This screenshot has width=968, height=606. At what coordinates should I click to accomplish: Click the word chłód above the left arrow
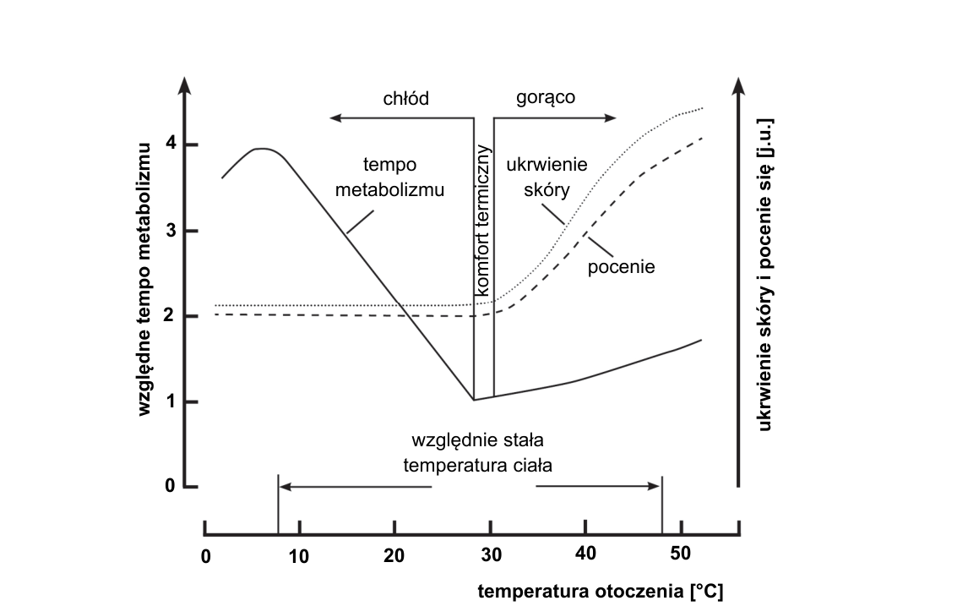(405, 98)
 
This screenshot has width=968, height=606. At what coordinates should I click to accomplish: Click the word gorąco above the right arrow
(546, 97)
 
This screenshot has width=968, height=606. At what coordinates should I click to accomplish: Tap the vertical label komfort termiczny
(483, 220)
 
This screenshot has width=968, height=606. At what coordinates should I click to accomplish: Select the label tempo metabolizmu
(389, 177)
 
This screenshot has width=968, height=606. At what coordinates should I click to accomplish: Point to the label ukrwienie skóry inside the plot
(547, 177)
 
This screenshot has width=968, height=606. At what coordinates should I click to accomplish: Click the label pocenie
(621, 267)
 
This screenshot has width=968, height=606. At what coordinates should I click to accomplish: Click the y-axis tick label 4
(171, 144)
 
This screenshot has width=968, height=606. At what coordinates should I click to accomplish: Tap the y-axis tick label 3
(171, 231)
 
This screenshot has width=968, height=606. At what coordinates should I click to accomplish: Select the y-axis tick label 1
(171, 401)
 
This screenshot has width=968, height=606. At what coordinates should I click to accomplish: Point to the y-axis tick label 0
(171, 486)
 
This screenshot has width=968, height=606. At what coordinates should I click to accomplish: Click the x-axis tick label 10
(299, 557)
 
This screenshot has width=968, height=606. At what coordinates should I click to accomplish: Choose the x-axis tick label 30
(492, 555)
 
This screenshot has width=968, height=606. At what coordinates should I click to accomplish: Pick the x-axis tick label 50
(680, 553)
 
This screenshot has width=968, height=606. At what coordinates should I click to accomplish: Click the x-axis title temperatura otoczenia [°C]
(601, 591)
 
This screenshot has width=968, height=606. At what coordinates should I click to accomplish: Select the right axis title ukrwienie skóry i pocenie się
(764, 275)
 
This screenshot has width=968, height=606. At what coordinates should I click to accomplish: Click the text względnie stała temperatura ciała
(478, 453)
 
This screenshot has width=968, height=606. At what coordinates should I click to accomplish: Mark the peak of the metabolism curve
(263, 148)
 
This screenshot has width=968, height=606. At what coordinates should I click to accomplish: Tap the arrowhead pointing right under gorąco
(611, 118)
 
